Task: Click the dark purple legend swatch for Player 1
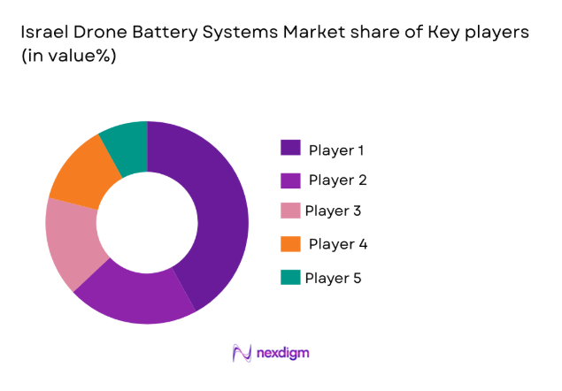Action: (290, 148)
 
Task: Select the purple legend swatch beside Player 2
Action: (290, 180)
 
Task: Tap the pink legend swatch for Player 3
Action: (290, 211)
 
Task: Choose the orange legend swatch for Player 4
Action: (290, 243)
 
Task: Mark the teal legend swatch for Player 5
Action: (290, 277)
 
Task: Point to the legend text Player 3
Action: (333, 211)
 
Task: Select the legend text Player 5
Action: (333, 278)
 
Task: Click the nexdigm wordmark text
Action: (283, 353)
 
